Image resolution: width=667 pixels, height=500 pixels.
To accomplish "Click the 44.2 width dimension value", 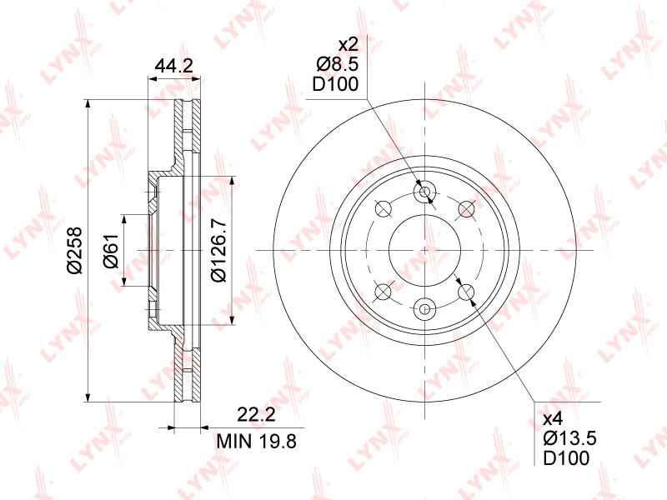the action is [x=174, y=66].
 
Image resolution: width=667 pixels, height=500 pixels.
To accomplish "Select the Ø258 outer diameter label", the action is [x=75, y=251].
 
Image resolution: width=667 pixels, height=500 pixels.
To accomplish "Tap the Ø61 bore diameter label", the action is [x=111, y=251].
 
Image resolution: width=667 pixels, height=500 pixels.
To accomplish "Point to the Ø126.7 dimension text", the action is [x=219, y=251].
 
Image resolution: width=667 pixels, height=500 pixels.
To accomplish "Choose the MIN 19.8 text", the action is [x=257, y=442].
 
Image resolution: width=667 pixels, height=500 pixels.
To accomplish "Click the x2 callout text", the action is [x=349, y=44].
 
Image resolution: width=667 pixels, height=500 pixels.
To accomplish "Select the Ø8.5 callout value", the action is [x=338, y=65].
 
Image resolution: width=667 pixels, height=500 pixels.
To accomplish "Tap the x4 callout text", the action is [x=554, y=419].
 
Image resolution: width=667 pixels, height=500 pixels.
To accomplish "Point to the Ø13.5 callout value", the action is [x=570, y=438].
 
